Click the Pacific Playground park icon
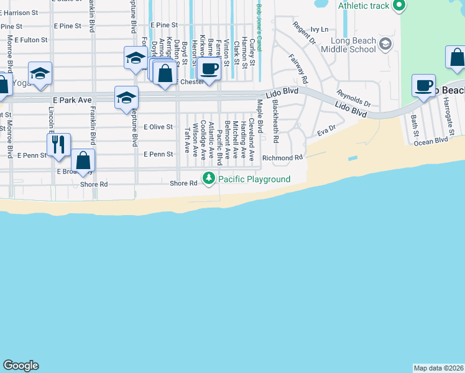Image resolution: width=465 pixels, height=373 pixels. [x=209, y=179]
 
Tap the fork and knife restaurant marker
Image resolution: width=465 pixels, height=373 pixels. [x=58, y=144]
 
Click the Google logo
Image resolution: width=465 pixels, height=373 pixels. [x=21, y=366]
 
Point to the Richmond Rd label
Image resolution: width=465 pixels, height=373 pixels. [x=282, y=158]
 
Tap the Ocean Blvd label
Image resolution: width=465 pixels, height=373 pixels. [x=431, y=141]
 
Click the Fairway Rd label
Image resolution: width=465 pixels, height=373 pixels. [x=298, y=68]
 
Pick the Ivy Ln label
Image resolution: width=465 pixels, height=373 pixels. [x=319, y=29]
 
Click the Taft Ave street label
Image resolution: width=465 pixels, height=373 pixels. [x=186, y=140]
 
